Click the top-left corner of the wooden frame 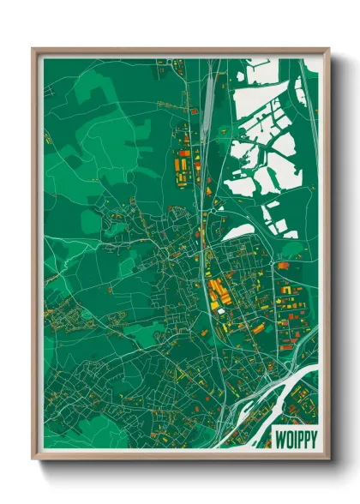[x=33, y=49]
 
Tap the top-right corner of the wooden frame [x=328, y=49]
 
